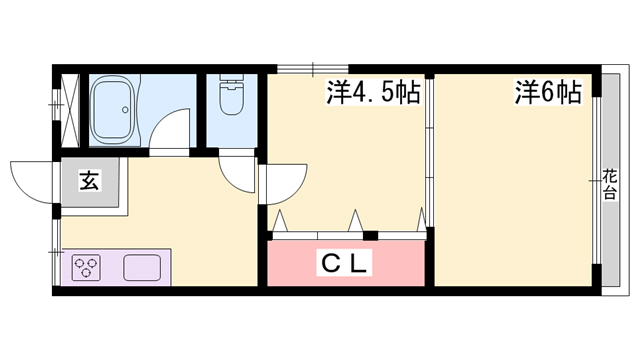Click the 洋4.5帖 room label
[x=373, y=92]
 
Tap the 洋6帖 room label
[x=548, y=92]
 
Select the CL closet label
[x=346, y=264]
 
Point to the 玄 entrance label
[x=89, y=180]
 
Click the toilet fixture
[x=231, y=95]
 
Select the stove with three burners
[x=86, y=267]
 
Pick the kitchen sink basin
[x=142, y=268]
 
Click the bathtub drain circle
[x=125, y=109]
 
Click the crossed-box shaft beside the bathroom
[x=69, y=110]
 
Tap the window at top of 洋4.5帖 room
[x=313, y=69]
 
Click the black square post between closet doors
[x=371, y=236]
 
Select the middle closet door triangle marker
[x=356, y=220]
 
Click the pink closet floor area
[x=346, y=263]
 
